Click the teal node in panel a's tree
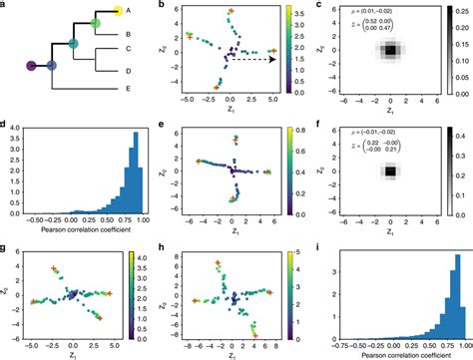tap(73, 43)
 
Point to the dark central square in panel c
tap(390, 50)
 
